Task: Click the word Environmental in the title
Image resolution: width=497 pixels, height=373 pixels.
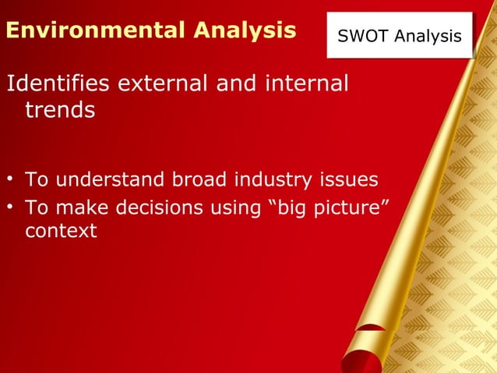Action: click(92, 30)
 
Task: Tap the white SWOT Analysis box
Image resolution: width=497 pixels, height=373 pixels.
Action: click(400, 36)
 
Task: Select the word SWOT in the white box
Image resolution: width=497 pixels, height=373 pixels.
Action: click(362, 37)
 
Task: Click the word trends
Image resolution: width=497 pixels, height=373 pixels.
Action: click(60, 110)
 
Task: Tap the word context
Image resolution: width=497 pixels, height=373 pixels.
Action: click(61, 232)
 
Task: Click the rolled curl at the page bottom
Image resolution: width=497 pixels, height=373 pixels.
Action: click(363, 351)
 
